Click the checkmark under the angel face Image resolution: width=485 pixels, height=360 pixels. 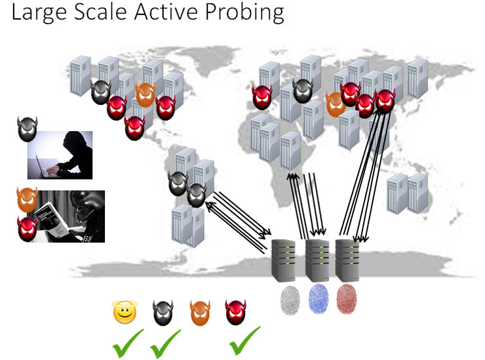[x=127, y=342]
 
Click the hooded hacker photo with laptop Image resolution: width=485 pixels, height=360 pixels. [x=60, y=155]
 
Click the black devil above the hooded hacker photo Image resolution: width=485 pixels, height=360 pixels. [x=28, y=129]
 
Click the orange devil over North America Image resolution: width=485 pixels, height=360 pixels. [x=145, y=95]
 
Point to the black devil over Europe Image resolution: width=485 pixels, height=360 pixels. [x=302, y=91]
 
